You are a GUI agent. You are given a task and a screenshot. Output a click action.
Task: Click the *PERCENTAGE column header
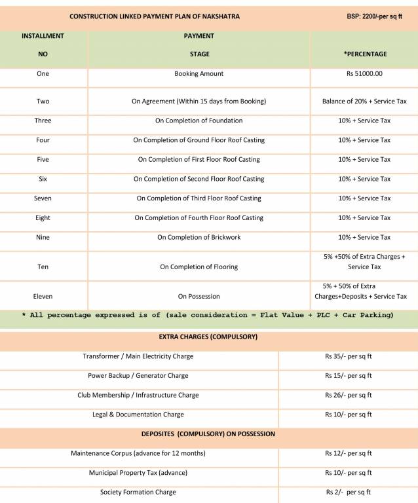pyautogui.click(x=365, y=54)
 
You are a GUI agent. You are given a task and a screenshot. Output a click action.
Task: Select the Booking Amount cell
pyautogui.click(x=199, y=74)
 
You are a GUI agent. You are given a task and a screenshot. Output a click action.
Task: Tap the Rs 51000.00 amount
pyautogui.click(x=364, y=74)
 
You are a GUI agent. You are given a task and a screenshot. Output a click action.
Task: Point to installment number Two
pyautogui.click(x=43, y=102)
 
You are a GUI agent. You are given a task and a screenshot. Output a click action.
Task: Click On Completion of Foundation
pyautogui.click(x=199, y=121)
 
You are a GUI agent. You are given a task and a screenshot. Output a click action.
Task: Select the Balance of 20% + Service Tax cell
pyautogui.click(x=364, y=102)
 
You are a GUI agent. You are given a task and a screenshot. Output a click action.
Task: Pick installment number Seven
pyautogui.click(x=43, y=198)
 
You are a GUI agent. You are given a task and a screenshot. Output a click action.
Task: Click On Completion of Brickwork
pyautogui.click(x=199, y=237)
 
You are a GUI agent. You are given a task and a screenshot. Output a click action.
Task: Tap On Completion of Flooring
pyautogui.click(x=199, y=267)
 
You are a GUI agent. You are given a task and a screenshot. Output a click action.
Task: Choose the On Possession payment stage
pyautogui.click(x=199, y=297)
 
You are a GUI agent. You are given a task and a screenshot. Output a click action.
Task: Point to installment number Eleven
pyautogui.click(x=43, y=297)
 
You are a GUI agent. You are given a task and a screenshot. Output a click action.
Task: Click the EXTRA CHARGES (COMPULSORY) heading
pyautogui.click(x=208, y=337)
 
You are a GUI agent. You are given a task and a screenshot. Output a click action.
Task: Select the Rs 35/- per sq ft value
pyautogui.click(x=348, y=357)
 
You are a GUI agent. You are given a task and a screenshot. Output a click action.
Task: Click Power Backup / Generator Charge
pyautogui.click(x=138, y=376)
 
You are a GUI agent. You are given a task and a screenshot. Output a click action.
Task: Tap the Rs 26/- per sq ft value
pyautogui.click(x=348, y=396)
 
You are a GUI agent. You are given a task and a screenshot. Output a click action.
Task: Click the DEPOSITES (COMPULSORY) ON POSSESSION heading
pyautogui.click(x=208, y=434)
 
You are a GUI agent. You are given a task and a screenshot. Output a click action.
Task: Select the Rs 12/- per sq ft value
pyautogui.click(x=348, y=453)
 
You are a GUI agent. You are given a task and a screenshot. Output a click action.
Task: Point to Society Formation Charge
pyautogui.click(x=138, y=492)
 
